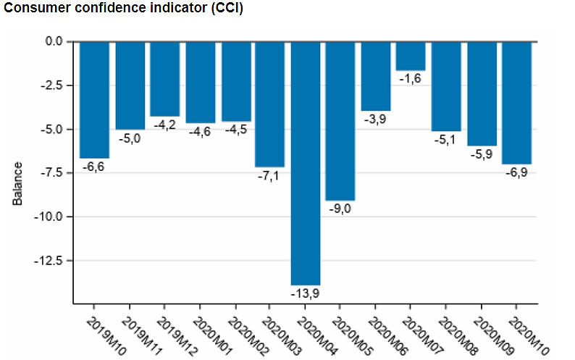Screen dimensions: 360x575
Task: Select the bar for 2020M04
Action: (x=305, y=163)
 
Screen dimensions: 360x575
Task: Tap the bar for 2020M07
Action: (x=411, y=56)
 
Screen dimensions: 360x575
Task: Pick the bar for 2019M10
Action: (x=94, y=99)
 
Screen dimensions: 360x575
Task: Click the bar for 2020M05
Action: (x=340, y=120)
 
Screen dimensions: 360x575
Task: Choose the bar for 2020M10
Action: (x=516, y=102)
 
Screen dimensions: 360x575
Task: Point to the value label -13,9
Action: (x=305, y=294)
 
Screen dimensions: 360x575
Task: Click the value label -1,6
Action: (x=411, y=78)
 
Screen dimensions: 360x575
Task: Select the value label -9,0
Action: (x=340, y=209)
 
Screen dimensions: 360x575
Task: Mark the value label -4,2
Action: (x=164, y=125)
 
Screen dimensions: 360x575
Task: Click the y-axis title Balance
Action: (x=18, y=183)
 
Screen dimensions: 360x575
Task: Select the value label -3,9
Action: (x=376, y=119)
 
